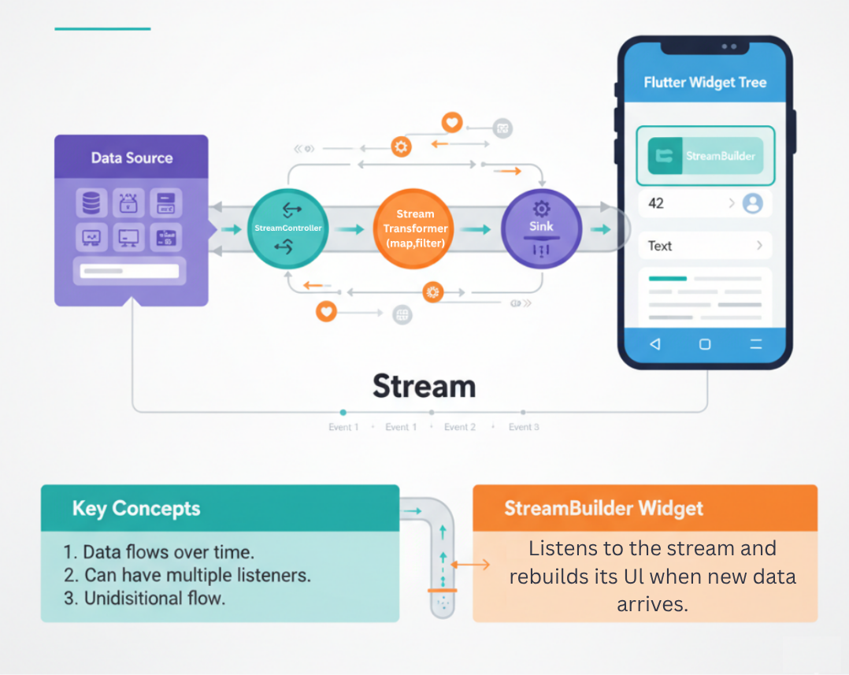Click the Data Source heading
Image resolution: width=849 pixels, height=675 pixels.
[132, 158]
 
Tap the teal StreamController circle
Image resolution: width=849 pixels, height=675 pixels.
[287, 228]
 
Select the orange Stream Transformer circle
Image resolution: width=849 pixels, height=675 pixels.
[415, 228]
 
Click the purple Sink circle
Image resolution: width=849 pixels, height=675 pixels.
[541, 228]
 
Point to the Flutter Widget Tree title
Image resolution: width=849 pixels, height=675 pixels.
[705, 83]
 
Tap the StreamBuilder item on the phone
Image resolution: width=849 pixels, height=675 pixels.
[705, 156]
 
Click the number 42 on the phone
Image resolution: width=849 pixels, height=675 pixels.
[656, 203]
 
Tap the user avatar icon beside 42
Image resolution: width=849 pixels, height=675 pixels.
[753, 203]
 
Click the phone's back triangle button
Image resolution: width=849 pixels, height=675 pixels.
[654, 344]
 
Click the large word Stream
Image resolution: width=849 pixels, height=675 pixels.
[424, 387]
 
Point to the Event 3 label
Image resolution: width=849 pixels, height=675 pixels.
[524, 427]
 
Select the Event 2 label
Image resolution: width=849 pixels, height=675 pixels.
[460, 427]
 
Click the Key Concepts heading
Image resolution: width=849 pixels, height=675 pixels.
[136, 508]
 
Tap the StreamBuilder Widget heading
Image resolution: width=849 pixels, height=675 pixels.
[603, 508]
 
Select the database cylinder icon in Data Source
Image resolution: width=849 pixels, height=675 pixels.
[91, 203]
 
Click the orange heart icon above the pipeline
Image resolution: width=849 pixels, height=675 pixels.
[451, 122]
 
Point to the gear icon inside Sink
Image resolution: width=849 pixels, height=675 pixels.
[541, 209]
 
